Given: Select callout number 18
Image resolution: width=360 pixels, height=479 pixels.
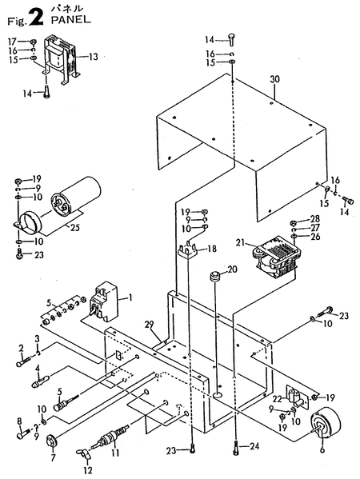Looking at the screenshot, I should (x=213, y=249).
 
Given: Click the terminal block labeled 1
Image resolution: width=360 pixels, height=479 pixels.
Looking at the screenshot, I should (x=104, y=303).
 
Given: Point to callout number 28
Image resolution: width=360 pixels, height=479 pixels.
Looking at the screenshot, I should (x=314, y=218).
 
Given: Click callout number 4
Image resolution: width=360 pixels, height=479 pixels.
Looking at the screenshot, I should (x=37, y=369).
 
